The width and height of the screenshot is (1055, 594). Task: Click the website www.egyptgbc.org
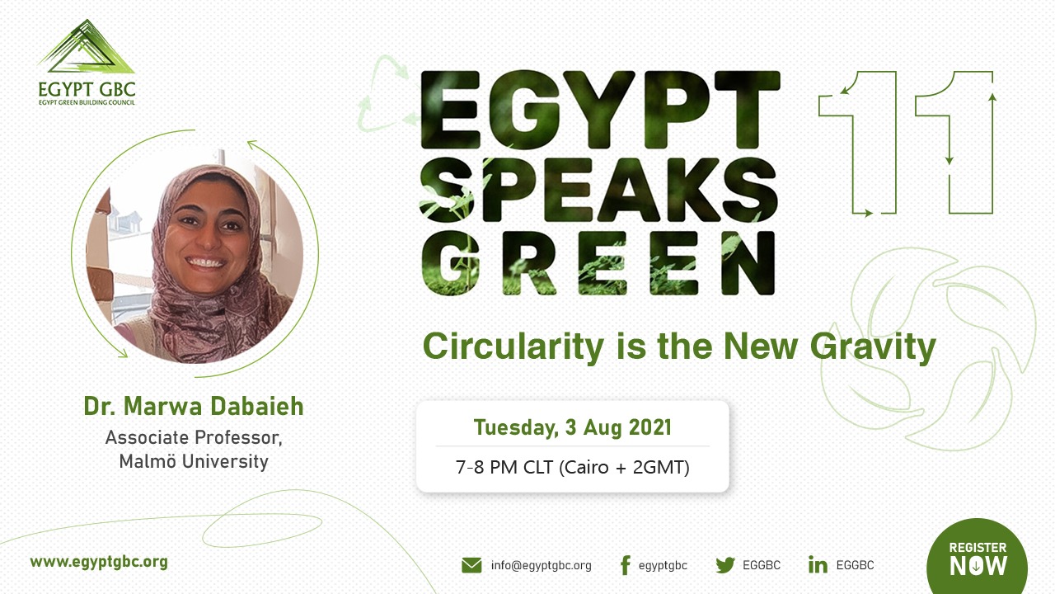tap(99, 563)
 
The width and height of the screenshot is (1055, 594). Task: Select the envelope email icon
tap(471, 565)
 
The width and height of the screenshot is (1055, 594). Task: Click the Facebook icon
tap(626, 565)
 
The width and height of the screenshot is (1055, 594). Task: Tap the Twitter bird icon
tap(725, 565)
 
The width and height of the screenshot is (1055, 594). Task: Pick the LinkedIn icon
tap(818, 565)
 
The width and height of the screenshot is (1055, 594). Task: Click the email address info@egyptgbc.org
tap(542, 565)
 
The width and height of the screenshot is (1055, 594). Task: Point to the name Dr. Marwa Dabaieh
tap(194, 406)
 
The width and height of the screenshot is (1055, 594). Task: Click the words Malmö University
tap(194, 461)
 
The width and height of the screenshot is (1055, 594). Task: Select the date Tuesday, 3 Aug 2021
tap(572, 427)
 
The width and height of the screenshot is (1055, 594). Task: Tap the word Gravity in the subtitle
tap(873, 348)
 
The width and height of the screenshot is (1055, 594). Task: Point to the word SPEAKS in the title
tap(598, 190)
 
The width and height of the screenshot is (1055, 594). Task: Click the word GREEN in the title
tap(598, 263)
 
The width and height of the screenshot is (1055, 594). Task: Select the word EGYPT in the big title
tap(600, 110)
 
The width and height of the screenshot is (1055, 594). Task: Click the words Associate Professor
tap(194, 437)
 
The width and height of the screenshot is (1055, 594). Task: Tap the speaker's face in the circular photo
tap(206, 236)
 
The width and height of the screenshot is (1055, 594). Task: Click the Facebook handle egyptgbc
tap(663, 565)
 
